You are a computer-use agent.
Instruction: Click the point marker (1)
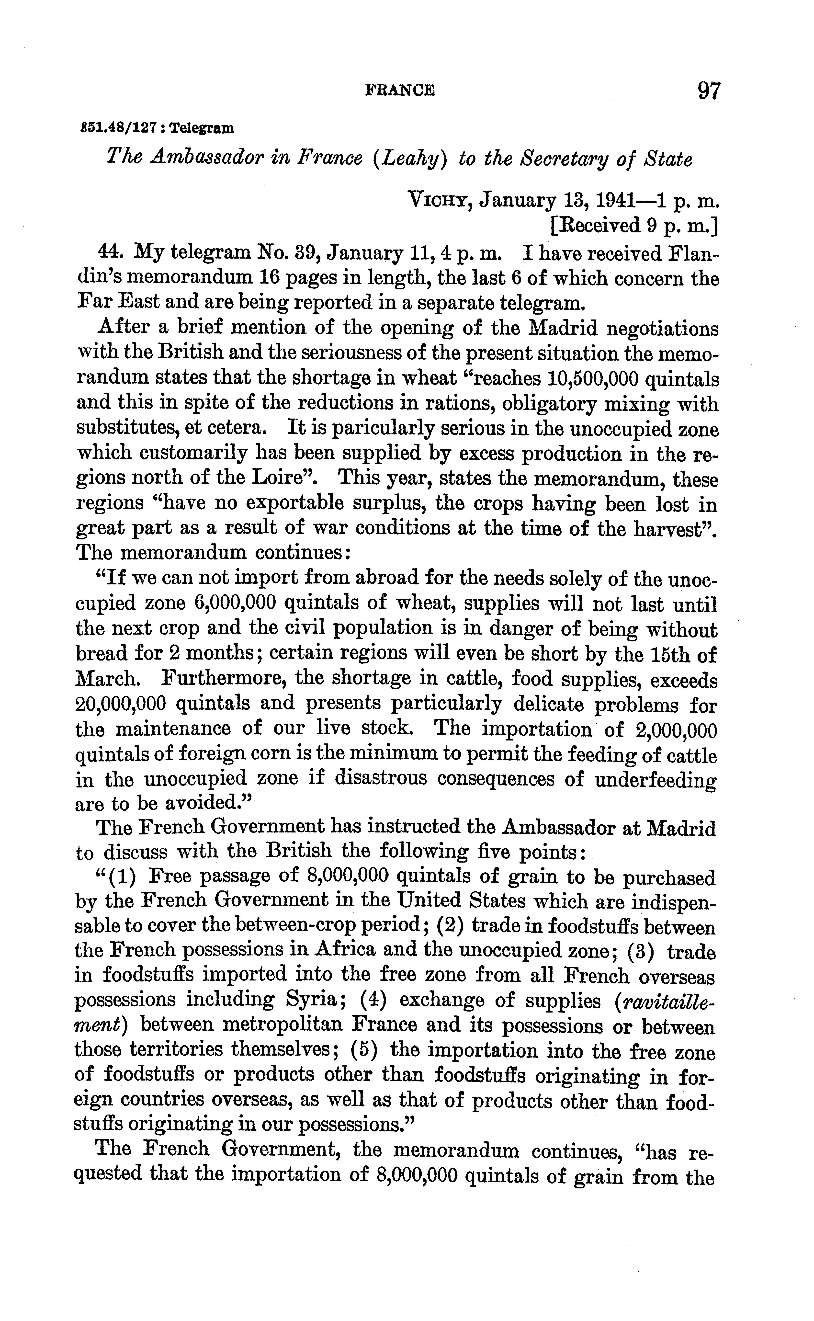(x=122, y=878)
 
